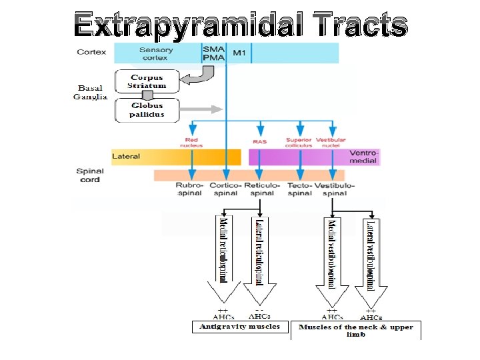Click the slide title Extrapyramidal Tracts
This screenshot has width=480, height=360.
pos(241,25)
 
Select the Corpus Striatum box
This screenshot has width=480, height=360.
pos(147,82)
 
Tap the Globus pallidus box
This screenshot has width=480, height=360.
pos(147,110)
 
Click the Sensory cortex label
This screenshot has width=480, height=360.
pos(156,53)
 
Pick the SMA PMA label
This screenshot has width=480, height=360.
pos(213,53)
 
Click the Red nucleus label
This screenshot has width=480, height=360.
pos(191,141)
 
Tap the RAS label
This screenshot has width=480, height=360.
pos(260,141)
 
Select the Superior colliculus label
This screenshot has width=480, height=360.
pos(299,141)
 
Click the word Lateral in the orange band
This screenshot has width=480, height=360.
pos(126,157)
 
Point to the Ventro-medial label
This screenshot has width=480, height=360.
pos(363,156)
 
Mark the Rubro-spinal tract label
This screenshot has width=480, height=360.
pos(190,189)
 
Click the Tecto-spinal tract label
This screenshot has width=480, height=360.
pos(299,189)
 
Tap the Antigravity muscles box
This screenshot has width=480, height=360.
pos(240,327)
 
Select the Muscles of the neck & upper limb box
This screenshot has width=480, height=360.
pos(355,330)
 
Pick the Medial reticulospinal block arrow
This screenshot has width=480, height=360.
pos(224,260)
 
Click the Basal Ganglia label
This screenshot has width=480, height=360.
pos(91,92)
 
